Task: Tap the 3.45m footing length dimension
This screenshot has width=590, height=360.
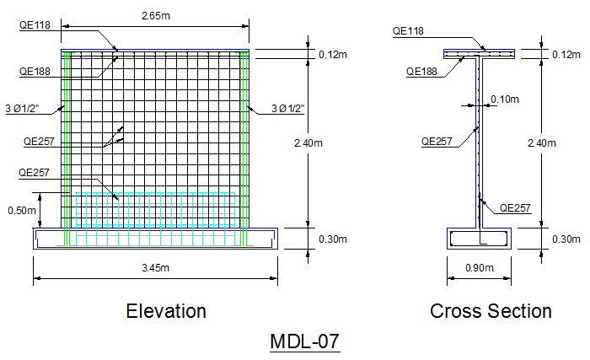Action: (x=156, y=268)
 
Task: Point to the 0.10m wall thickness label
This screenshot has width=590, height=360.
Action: (x=504, y=99)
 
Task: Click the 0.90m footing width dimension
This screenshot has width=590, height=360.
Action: (x=478, y=268)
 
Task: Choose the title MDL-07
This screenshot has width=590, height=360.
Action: (x=304, y=341)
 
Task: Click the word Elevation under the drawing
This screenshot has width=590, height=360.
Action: (x=166, y=311)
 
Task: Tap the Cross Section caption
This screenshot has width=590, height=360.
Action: (x=491, y=311)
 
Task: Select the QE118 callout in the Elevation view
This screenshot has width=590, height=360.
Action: (x=35, y=25)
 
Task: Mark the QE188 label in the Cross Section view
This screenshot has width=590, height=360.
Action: (x=422, y=73)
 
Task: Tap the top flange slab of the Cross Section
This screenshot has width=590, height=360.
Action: (x=479, y=55)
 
